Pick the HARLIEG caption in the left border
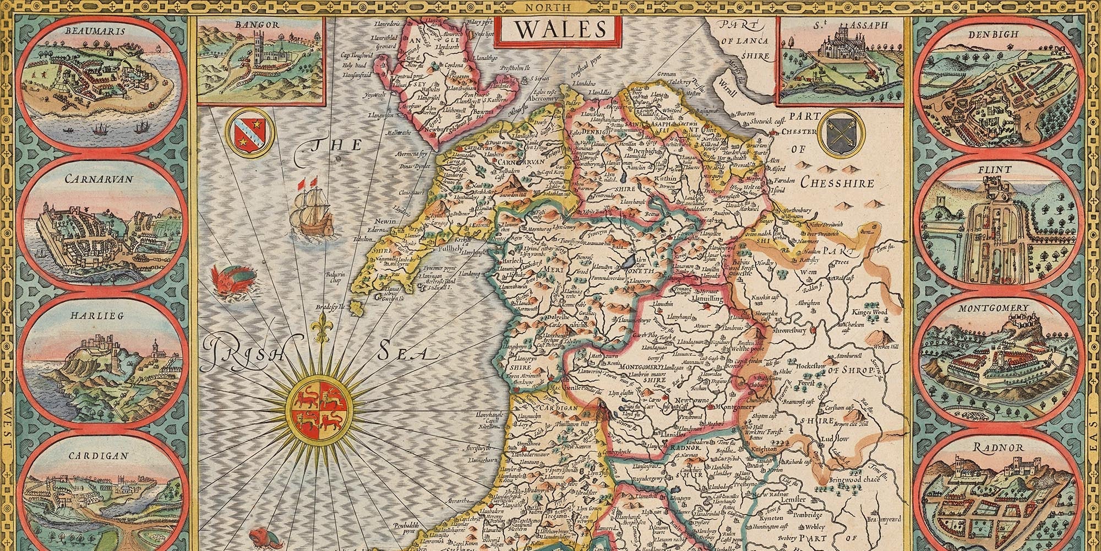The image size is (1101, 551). click(x=93, y=316)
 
